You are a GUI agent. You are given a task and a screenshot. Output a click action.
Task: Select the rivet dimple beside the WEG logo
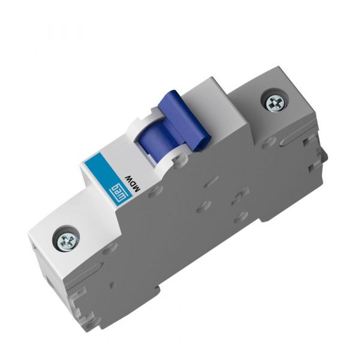coord(155,191)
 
